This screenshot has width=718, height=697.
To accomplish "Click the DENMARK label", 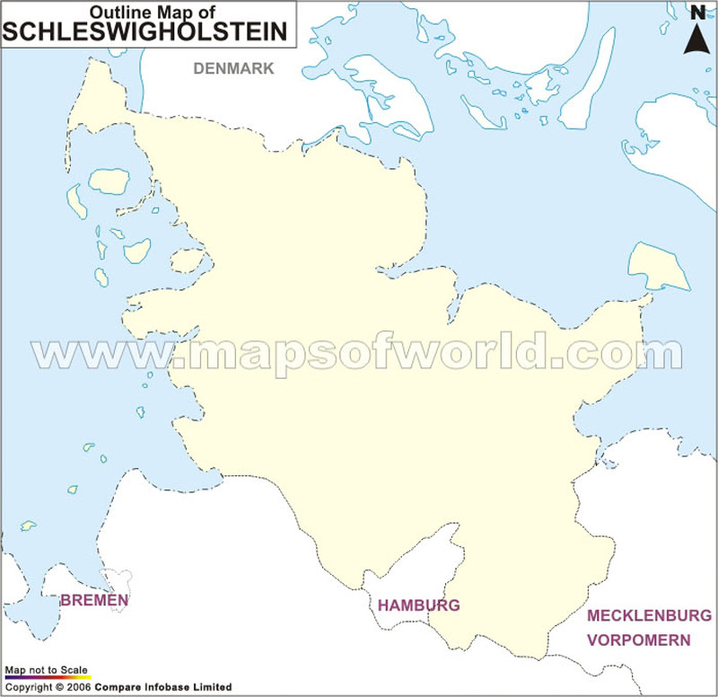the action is tap(233, 68).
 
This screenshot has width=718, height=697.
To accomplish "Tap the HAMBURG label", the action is tap(418, 605).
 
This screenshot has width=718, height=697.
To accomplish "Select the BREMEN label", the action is tap(94, 600).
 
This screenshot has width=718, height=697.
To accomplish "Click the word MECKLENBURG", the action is tap(649, 616).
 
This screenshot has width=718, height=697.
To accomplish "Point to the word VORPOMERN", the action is tap(639, 640).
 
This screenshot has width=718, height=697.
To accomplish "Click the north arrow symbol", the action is tap(697, 38).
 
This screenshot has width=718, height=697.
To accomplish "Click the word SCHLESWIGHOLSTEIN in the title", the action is tap(146, 32).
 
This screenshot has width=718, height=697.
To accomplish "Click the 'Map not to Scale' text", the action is tap(47, 670).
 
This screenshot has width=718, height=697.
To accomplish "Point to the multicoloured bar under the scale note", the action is tap(47, 677).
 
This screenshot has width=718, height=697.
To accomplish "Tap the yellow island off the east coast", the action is tap(657, 266).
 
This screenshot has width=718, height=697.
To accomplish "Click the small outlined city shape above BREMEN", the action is tap(118, 578).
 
